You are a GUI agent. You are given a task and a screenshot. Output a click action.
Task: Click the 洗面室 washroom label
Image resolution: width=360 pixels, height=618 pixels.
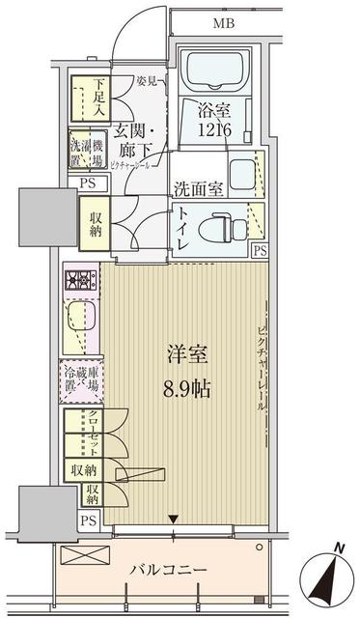[200, 188]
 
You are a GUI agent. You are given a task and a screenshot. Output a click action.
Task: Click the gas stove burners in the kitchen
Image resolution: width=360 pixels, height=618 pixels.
[80, 283]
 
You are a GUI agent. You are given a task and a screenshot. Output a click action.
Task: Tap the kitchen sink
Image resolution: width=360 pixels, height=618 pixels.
[79, 320]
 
